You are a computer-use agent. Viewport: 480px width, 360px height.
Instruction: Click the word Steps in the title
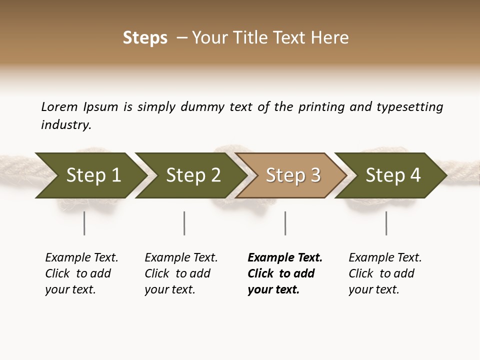pyautogui.click(x=145, y=38)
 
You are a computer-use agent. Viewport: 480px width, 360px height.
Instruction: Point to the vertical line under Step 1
pyautogui.click(x=84, y=223)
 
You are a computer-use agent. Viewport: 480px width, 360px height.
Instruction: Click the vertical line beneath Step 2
pyautogui.click(x=184, y=223)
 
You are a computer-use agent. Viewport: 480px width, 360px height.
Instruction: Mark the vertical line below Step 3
pyautogui.click(x=285, y=223)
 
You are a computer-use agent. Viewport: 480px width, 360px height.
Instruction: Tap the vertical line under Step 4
pyautogui.click(x=386, y=223)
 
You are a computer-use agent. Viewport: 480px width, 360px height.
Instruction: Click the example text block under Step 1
pyautogui.click(x=81, y=273)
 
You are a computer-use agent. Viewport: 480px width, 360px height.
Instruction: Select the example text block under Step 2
pyautogui.click(x=181, y=273)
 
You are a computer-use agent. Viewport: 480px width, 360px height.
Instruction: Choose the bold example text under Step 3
pyautogui.click(x=285, y=273)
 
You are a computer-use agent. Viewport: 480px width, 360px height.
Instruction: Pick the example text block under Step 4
pyautogui.click(x=385, y=273)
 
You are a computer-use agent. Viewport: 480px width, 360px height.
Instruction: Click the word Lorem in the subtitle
pyautogui.click(x=59, y=107)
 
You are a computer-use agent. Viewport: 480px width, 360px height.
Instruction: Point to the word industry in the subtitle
pyautogui.click(x=66, y=125)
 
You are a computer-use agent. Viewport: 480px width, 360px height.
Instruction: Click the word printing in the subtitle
pyautogui.click(x=321, y=107)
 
